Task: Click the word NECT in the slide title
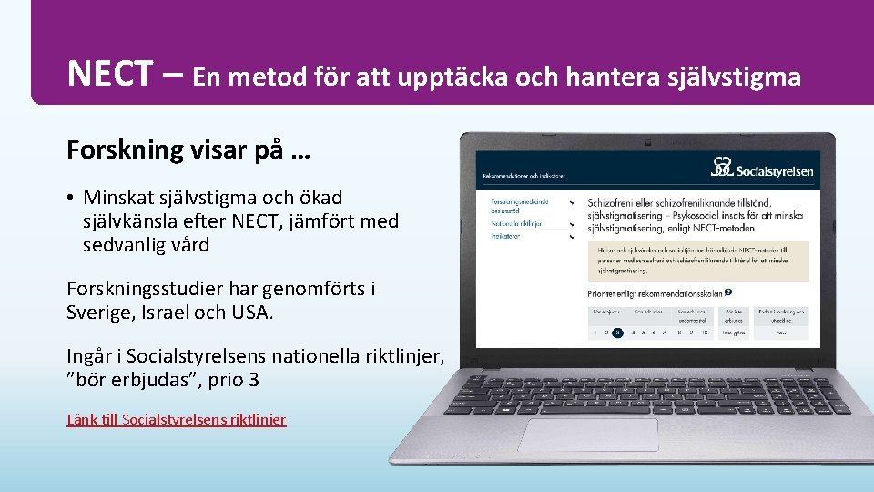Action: (108, 74)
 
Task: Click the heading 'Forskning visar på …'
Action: (188, 149)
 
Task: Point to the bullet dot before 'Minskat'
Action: (70, 198)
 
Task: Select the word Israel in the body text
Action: (178, 313)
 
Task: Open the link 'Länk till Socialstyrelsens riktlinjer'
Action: (177, 420)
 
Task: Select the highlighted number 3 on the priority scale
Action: (617, 333)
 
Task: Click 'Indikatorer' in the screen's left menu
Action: (507, 236)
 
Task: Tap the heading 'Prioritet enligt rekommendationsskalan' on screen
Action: (655, 293)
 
